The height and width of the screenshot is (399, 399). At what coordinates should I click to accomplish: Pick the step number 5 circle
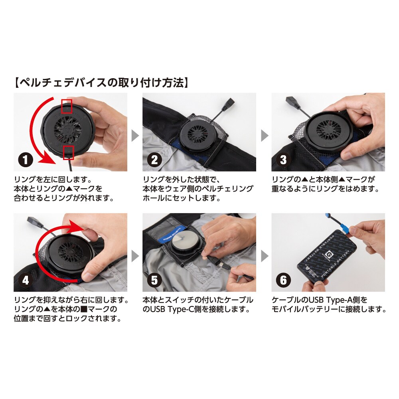point(154,280)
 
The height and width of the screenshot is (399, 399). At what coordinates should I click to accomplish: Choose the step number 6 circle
point(283,280)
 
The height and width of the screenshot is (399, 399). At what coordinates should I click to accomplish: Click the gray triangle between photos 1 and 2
point(135,136)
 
